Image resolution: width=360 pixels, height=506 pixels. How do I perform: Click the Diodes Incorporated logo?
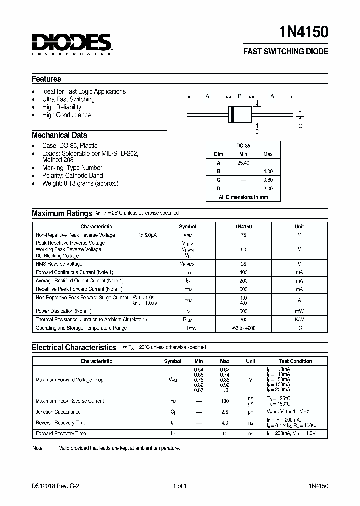(72, 43)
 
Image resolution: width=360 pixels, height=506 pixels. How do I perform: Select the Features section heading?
(46, 79)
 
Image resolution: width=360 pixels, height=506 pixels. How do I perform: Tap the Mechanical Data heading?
(59, 135)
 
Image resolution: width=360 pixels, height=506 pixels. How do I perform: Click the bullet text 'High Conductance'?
(66, 115)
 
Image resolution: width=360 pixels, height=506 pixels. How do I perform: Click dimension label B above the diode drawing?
(240, 96)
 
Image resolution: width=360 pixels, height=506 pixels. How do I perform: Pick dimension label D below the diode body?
(257, 132)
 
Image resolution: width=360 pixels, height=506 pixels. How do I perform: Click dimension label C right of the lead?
(300, 126)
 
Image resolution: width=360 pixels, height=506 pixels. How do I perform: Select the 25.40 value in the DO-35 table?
(243, 163)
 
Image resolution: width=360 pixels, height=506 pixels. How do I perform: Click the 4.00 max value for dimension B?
(268, 171)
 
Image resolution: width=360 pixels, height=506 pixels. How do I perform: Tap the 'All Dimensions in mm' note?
(243, 197)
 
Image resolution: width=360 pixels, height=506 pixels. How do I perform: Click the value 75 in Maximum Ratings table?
(243, 235)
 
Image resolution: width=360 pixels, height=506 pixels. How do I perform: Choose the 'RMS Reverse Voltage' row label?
(59, 264)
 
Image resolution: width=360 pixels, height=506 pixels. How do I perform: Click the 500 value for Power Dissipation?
(243, 310)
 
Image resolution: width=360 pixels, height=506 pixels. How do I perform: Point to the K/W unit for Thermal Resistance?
(299, 319)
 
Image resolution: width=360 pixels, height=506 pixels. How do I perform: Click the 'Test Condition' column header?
(295, 361)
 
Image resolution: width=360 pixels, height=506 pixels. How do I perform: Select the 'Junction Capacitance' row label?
(58, 412)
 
